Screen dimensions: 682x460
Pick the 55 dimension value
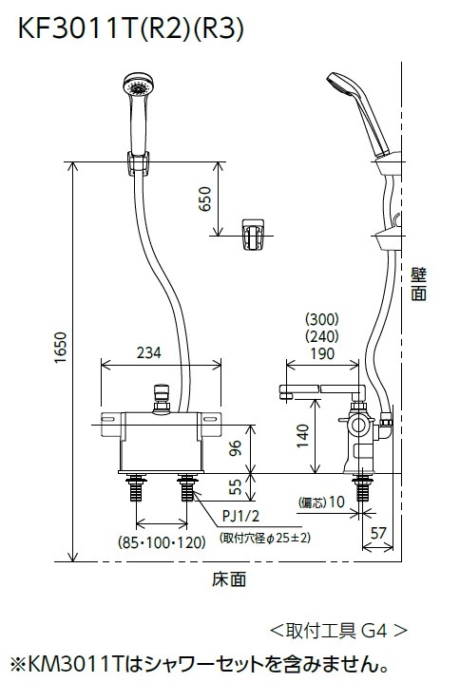click(236, 489)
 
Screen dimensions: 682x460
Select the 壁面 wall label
click(418, 284)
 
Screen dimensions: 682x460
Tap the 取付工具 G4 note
click(338, 629)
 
